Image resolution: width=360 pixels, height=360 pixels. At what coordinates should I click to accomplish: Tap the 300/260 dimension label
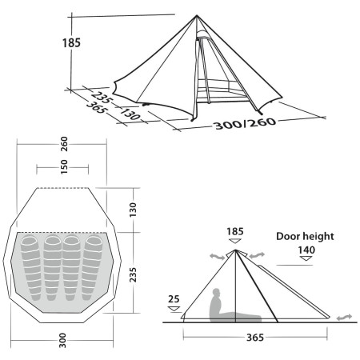click(263, 126)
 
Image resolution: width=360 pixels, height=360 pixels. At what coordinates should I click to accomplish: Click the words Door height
click(304, 237)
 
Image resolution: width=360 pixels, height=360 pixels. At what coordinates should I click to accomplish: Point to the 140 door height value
click(306, 250)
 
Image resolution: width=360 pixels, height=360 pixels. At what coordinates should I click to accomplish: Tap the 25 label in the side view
click(174, 299)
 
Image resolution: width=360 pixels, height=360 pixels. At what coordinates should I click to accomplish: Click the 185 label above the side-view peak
click(234, 233)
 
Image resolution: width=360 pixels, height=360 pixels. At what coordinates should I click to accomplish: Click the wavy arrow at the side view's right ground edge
click(343, 318)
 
